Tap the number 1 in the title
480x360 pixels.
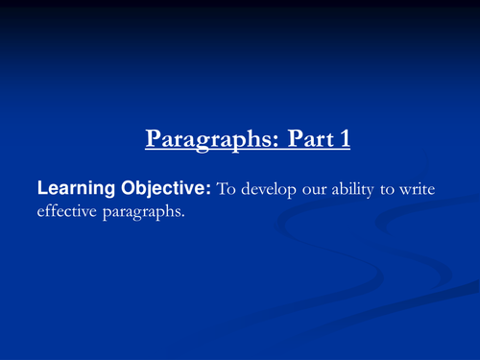point(344,139)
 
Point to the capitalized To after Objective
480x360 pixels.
point(228,189)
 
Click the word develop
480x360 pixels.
point(271,190)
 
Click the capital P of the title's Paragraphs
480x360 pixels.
point(154,139)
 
